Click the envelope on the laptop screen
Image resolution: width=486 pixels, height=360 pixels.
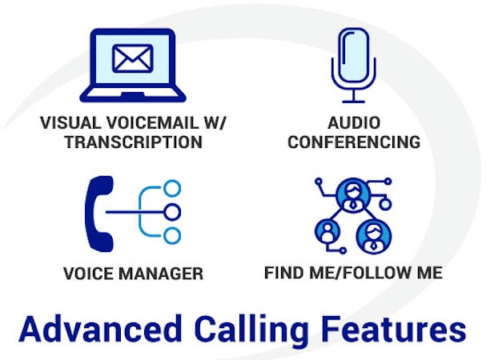(x=132, y=58)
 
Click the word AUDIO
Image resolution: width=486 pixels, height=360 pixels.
(x=353, y=124)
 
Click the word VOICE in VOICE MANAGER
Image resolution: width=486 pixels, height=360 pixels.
(x=86, y=274)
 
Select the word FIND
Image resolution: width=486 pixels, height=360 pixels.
(x=282, y=273)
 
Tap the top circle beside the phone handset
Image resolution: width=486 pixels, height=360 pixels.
(x=171, y=188)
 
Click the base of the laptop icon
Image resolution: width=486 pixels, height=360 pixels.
(x=132, y=94)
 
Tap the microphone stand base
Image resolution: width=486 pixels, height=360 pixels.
(x=353, y=101)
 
